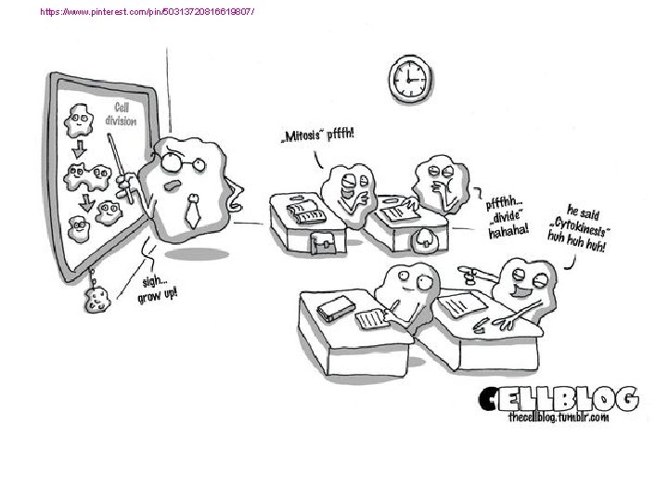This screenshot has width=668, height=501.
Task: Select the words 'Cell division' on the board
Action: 122,114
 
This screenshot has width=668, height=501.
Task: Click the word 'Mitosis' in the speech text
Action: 302,135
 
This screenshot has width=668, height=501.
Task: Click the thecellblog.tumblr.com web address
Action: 559,418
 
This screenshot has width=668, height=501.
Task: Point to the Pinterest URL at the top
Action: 148,12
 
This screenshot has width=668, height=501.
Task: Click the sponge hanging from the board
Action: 96,299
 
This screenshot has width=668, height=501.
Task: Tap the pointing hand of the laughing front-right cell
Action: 467,272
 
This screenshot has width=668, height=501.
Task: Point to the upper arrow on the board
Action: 78,148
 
